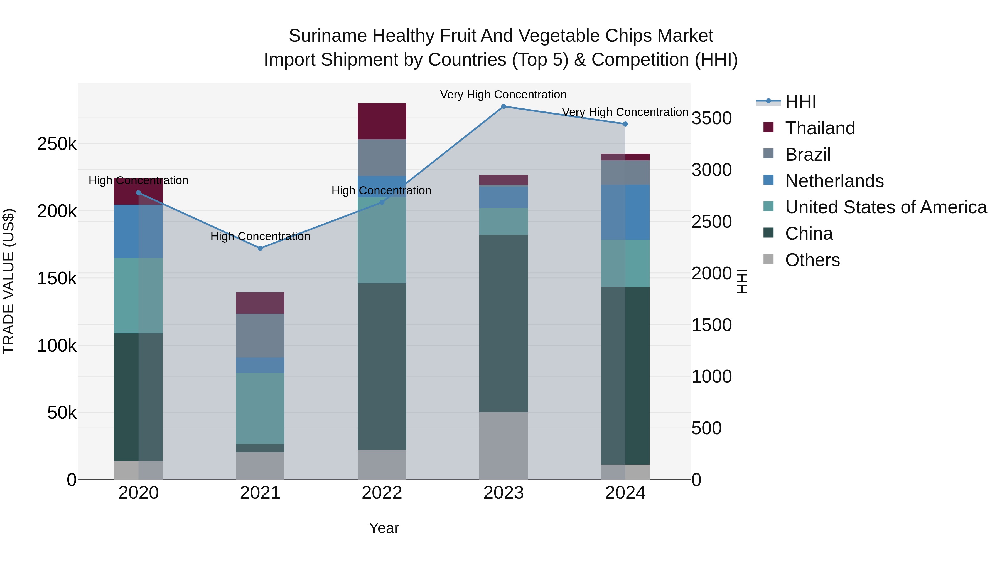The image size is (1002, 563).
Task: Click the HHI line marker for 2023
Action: (x=503, y=106)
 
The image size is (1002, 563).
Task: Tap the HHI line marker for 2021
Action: (x=260, y=248)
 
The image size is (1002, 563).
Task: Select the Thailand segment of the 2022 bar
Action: (x=382, y=121)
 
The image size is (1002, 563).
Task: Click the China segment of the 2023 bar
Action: (x=503, y=323)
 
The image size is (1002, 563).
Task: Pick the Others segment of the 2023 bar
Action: (x=503, y=446)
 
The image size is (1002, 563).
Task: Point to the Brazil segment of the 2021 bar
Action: (x=260, y=335)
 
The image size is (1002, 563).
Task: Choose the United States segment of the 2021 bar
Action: (x=260, y=408)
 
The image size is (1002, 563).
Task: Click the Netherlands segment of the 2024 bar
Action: (x=625, y=212)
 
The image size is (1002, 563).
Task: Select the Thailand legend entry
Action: (x=820, y=128)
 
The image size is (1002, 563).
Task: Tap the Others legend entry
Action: (x=812, y=260)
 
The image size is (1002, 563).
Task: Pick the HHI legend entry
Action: (x=800, y=102)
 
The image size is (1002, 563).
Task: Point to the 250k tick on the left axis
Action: (x=57, y=144)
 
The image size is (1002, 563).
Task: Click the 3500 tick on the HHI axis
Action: (x=711, y=118)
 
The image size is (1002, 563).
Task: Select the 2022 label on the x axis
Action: (x=382, y=493)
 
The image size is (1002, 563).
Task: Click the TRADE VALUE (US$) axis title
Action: (x=9, y=281)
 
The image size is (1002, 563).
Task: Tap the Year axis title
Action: (x=384, y=528)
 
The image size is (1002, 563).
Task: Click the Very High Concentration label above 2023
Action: (x=503, y=95)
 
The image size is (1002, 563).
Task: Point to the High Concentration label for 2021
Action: (x=260, y=236)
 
